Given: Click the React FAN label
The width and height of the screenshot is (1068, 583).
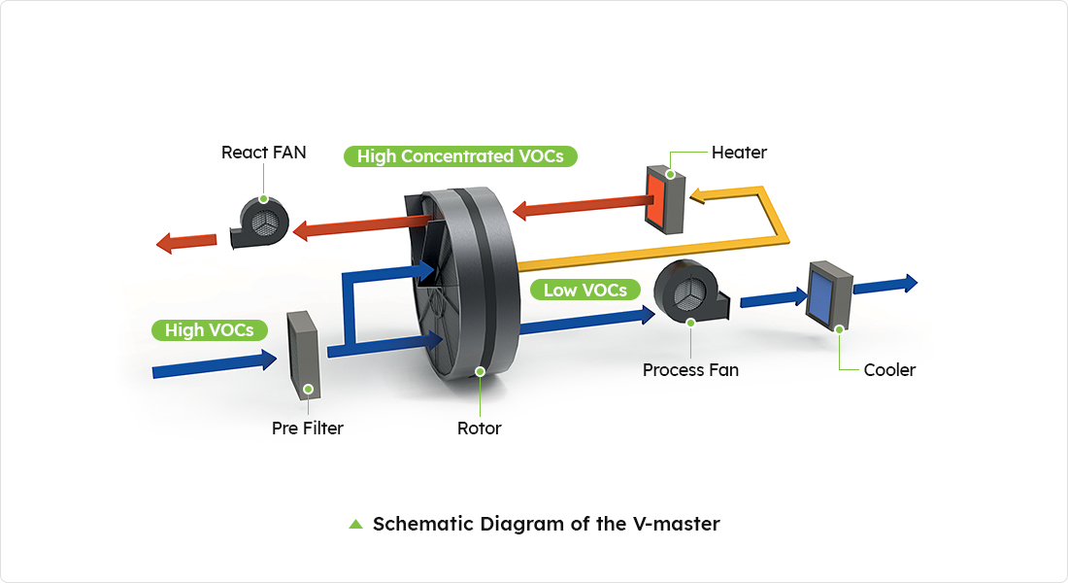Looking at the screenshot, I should [263, 153].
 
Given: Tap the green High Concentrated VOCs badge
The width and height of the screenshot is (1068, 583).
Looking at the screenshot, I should [459, 155].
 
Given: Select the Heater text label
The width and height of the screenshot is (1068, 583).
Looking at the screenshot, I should [739, 153].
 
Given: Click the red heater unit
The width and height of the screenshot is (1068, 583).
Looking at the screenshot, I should [665, 200].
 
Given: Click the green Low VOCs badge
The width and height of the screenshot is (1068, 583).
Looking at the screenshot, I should [585, 290].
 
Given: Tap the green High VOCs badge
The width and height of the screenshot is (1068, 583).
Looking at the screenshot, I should [209, 330].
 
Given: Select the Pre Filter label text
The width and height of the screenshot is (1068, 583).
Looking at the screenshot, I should [307, 428].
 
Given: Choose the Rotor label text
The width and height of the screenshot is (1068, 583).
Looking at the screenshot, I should [480, 428].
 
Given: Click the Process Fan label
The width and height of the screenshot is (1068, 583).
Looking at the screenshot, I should [690, 370].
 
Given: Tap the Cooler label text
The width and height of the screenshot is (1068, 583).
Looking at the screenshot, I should [889, 370].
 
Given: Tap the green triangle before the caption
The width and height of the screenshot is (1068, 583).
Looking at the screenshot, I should [355, 525].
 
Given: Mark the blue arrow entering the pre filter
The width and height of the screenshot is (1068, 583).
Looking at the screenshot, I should [215, 364].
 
